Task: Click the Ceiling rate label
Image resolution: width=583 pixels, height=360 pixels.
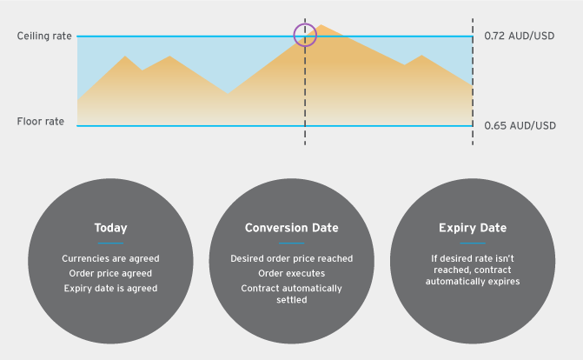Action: point(44,37)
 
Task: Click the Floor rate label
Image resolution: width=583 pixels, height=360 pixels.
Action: point(41,122)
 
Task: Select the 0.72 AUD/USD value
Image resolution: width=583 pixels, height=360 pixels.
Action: point(519,37)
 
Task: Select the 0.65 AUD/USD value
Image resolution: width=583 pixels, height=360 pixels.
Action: point(520,125)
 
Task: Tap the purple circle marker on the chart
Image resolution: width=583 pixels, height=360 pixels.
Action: point(294,35)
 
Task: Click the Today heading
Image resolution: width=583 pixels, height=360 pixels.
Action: point(111,228)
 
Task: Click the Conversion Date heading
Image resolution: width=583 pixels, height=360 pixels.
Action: point(292,228)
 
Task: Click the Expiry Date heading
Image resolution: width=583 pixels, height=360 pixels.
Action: point(473,228)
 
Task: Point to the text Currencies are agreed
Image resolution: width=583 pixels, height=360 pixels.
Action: point(110,258)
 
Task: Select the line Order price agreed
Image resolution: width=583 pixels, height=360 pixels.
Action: point(110,273)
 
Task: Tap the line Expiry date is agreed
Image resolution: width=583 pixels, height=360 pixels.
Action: point(110,288)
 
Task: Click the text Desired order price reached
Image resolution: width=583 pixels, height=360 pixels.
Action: point(292,258)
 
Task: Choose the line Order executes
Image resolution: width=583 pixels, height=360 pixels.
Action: point(292,273)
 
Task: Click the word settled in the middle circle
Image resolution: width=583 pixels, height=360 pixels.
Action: point(292,300)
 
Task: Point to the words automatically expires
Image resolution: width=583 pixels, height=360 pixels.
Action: point(473,281)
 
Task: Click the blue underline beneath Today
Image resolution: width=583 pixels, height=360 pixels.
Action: point(111,243)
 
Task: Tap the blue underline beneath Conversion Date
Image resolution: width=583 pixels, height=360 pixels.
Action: point(292,243)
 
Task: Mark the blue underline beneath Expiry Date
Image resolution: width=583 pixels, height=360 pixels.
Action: point(473,243)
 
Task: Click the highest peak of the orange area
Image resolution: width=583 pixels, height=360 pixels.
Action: point(321,25)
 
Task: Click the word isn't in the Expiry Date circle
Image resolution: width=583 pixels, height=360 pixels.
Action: point(505,258)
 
